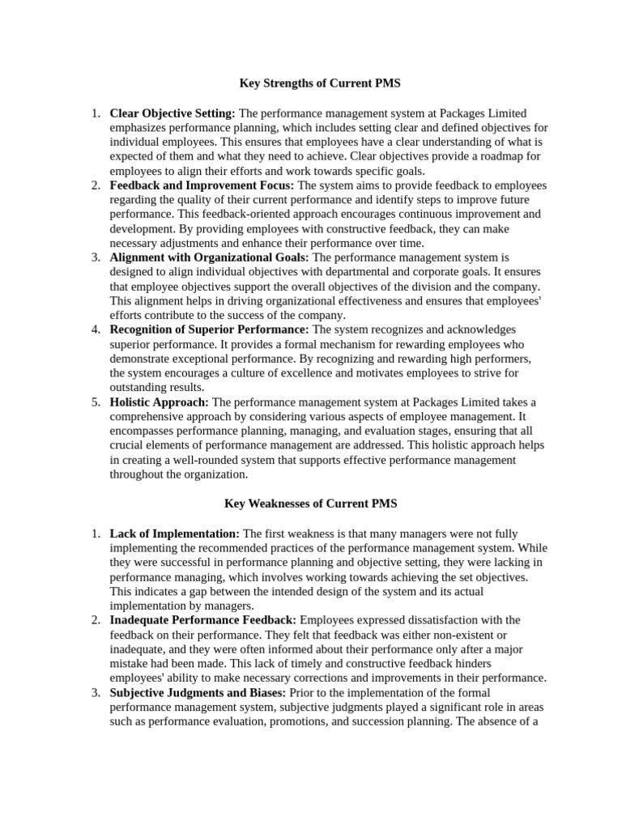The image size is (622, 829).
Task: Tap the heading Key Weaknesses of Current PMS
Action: pos(310,503)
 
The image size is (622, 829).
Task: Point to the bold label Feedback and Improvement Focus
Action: pos(202,185)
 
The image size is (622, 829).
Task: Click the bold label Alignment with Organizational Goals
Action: pos(210,257)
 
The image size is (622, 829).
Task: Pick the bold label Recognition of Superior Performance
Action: pos(209,329)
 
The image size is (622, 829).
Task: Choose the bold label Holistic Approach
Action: pos(159,402)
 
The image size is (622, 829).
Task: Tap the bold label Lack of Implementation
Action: pos(174,533)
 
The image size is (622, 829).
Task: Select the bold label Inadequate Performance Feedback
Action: pos(202,619)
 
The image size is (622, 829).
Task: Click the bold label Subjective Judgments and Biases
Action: pos(198,692)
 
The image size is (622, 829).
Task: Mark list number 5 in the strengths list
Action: pos(95,402)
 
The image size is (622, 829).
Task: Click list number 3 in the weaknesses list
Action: pos(95,692)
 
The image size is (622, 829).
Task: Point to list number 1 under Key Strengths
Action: pos(95,113)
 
